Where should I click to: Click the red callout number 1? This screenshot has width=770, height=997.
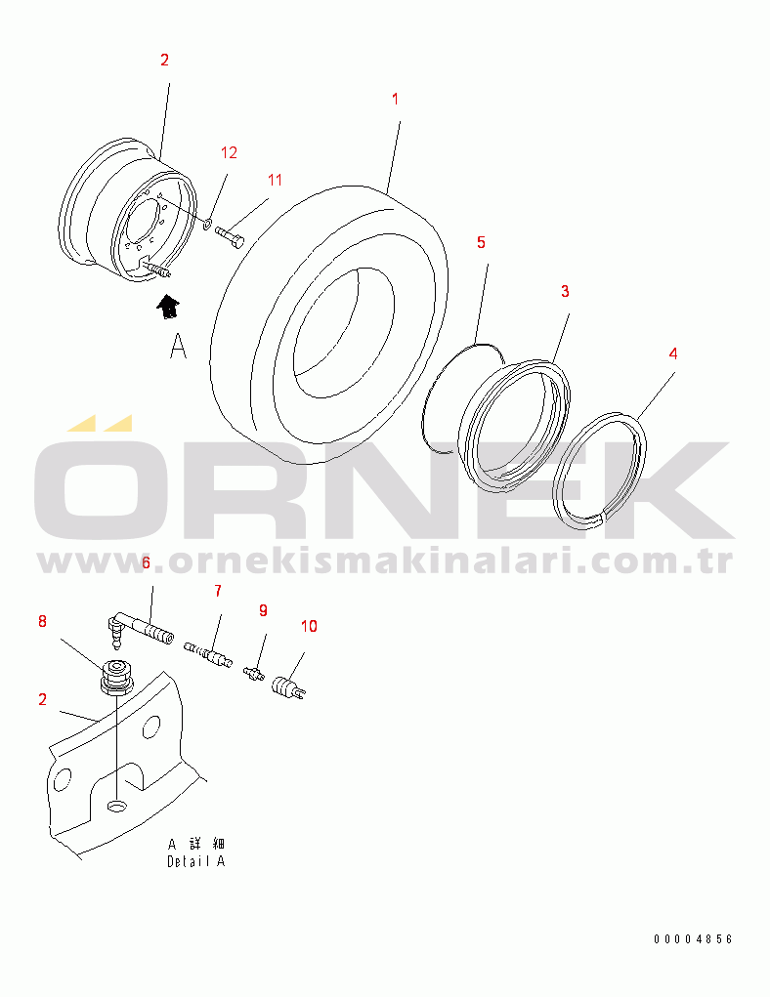[x=395, y=100]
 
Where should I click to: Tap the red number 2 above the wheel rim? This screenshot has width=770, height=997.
[x=165, y=60]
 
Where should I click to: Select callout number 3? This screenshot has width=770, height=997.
[x=565, y=291]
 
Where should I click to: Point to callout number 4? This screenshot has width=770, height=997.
[x=673, y=353]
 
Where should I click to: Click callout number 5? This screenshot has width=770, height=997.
[x=481, y=242]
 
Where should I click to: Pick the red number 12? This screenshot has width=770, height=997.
[x=229, y=152]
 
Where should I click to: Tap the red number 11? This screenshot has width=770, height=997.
[x=275, y=181]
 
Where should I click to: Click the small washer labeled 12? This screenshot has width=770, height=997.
[x=207, y=224]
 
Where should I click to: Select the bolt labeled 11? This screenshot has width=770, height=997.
[x=230, y=237]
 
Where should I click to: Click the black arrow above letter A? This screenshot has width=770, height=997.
[x=168, y=307]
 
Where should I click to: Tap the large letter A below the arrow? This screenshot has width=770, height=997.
[x=178, y=346]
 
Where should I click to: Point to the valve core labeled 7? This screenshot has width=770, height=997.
[x=207, y=654]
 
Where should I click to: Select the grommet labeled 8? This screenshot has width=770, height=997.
[x=117, y=678]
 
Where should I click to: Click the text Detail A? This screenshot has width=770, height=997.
[x=196, y=861]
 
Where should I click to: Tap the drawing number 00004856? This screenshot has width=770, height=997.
[x=693, y=939]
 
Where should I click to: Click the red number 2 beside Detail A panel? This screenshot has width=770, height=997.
[x=43, y=699]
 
